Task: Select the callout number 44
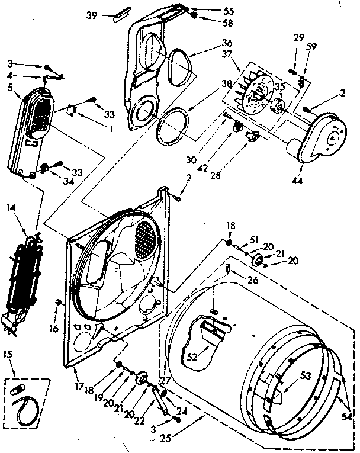coord(297,179)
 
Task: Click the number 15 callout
coord(8,355)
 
